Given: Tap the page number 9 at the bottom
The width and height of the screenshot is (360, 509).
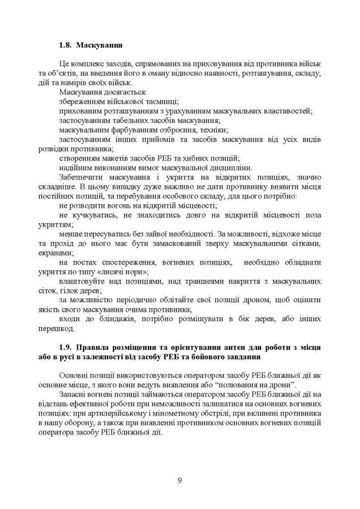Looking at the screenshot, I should tap(180, 481).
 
